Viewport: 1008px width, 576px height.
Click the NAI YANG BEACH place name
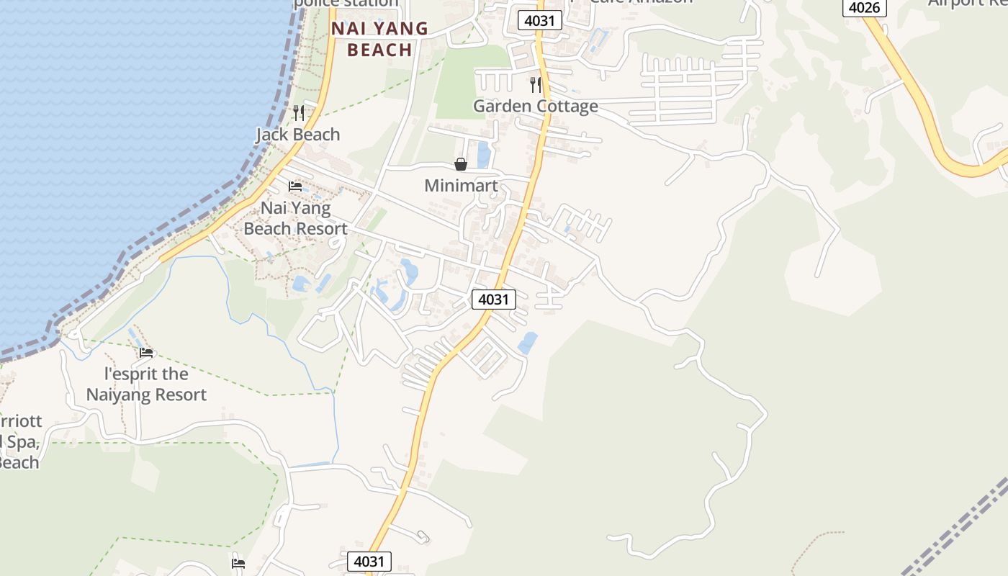(x=379, y=40)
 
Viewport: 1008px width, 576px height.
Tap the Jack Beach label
(x=298, y=135)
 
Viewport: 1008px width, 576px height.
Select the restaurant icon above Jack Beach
(x=298, y=113)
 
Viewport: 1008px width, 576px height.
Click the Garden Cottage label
(x=535, y=107)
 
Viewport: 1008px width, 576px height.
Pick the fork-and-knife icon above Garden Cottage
(x=535, y=85)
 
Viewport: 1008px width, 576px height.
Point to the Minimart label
(x=461, y=186)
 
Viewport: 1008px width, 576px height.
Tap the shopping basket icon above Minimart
(x=461, y=165)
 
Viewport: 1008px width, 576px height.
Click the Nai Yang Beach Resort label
(x=295, y=219)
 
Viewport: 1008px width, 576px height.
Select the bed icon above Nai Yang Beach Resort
(x=295, y=186)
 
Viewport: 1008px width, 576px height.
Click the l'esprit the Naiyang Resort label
(x=146, y=384)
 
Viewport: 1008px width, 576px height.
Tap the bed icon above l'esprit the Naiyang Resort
(x=146, y=353)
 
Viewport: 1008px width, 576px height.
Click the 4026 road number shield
(x=864, y=7)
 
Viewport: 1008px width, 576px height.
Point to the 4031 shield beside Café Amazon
(x=539, y=20)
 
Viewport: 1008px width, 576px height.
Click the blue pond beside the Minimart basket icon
(x=484, y=154)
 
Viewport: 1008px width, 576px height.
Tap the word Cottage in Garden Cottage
(x=565, y=107)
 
